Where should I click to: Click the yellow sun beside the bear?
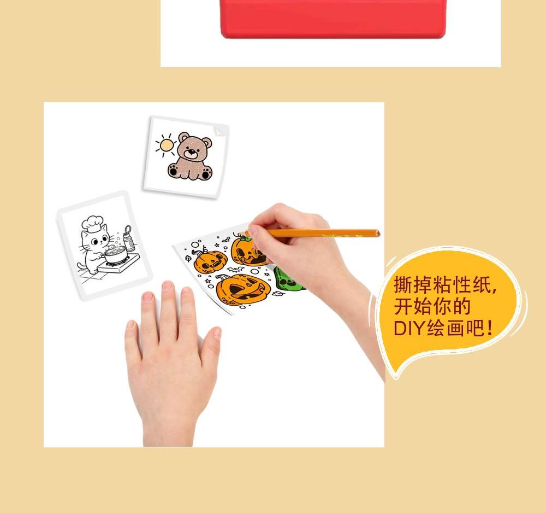pos(167,145)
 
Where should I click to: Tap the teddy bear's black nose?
pos(191,151)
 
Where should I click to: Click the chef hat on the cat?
pos(92,223)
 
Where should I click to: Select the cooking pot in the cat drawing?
pos(115,255)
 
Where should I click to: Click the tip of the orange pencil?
pos(240,233)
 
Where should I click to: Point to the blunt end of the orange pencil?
pos(378,234)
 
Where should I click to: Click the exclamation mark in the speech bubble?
pos(490,328)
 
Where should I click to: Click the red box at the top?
pos(333,18)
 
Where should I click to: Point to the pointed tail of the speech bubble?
pos(395,377)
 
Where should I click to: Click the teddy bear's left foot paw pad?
pos(173,171)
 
